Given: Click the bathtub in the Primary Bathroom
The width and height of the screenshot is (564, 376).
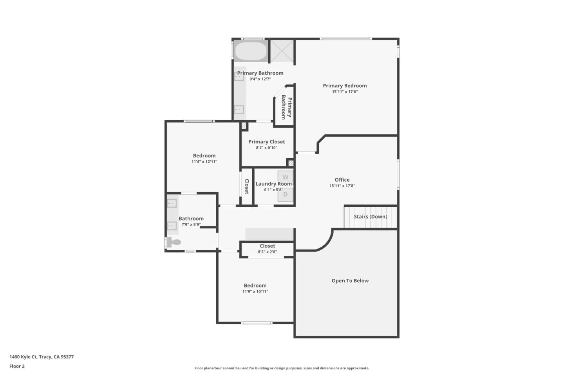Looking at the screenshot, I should point(251,51).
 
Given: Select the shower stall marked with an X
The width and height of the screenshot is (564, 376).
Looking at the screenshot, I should point(282,51).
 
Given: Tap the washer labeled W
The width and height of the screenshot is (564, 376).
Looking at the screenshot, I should point(285,177).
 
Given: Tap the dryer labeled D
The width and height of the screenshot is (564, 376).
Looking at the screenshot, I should point(285,194).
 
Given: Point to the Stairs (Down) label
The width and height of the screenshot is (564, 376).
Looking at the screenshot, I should point(370,217).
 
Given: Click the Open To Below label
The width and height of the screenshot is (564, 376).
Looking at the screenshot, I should point(350,281).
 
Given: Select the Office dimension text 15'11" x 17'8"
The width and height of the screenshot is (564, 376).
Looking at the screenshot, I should point(342,186).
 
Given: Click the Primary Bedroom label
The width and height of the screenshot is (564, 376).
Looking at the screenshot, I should point(345,86).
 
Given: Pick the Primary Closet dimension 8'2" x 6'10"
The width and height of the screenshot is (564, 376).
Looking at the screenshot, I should point(266,148).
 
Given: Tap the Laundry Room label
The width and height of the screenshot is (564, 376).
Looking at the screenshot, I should point(273,184).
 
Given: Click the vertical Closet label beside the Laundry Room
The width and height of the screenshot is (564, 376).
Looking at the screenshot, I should point(247,186).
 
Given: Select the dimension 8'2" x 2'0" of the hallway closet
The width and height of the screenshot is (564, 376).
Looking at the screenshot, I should point(267,252).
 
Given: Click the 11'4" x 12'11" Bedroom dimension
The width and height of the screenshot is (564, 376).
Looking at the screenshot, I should point(204,162).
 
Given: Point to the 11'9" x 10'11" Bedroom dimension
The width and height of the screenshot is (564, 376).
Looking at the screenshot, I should point(255,291).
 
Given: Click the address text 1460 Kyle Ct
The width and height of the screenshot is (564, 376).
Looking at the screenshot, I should point(41,357).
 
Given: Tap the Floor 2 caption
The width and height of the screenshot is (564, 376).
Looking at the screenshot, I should point(17,366).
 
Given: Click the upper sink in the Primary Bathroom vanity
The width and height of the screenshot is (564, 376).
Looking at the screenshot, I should point(239,77).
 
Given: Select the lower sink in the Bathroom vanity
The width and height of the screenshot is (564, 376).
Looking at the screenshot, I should point(172,226).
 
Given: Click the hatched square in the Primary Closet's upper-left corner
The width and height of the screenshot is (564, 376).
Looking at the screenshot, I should point(244,126).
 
